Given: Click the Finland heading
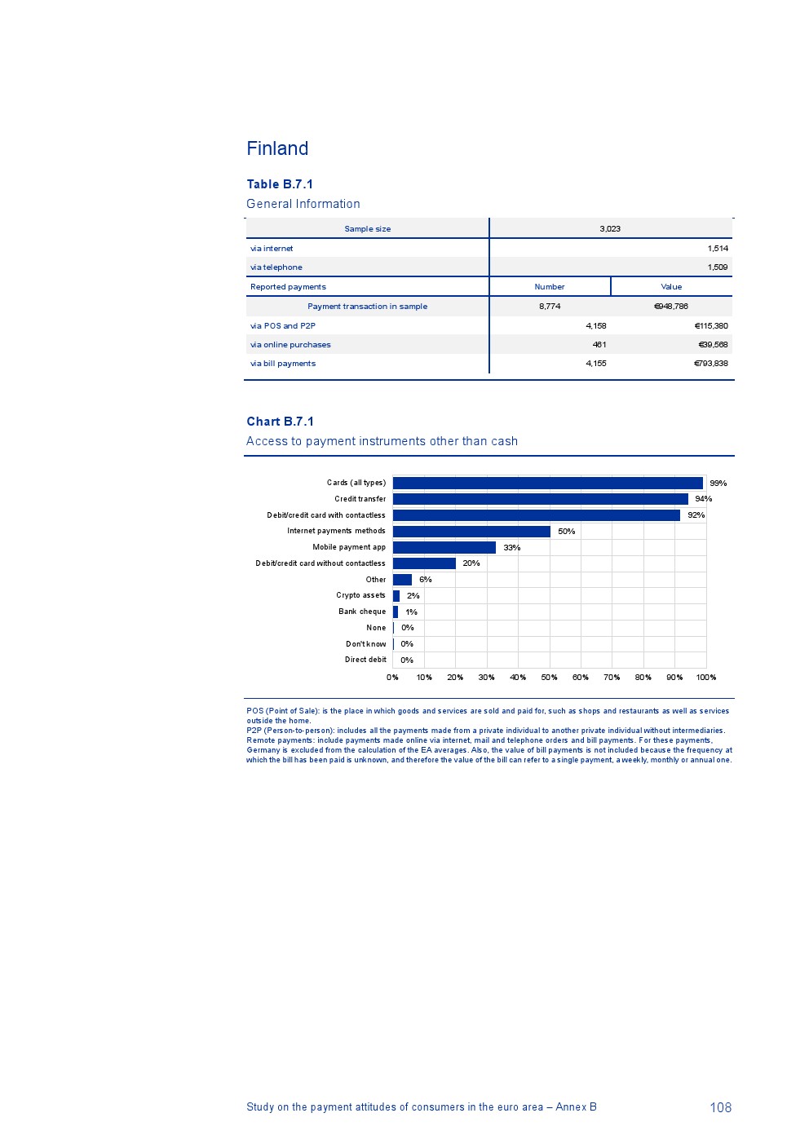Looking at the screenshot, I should point(277,148).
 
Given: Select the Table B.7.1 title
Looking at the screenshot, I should point(280,184).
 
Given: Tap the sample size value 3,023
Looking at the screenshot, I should point(610,229).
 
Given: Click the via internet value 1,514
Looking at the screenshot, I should point(718,249).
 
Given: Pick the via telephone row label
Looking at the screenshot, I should point(276,267).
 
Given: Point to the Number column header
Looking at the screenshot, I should point(549,287).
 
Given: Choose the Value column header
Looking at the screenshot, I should point(671,287).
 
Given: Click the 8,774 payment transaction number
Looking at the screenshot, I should point(550,307).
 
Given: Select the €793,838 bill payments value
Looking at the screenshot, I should point(710,364).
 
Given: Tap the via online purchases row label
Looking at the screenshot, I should point(290,345).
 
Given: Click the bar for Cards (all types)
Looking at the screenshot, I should point(547,483).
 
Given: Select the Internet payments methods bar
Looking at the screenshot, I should point(471,532).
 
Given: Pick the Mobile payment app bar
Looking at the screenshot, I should point(444,547).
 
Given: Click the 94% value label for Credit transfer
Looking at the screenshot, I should point(703,499).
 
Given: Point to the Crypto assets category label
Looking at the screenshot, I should point(360,595).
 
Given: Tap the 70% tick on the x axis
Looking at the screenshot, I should point(612,678).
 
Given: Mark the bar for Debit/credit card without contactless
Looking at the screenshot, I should point(424,563).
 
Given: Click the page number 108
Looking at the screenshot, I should point(720,1107).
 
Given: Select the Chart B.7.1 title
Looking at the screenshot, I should point(280,422).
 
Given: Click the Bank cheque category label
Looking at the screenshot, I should point(362,612).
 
